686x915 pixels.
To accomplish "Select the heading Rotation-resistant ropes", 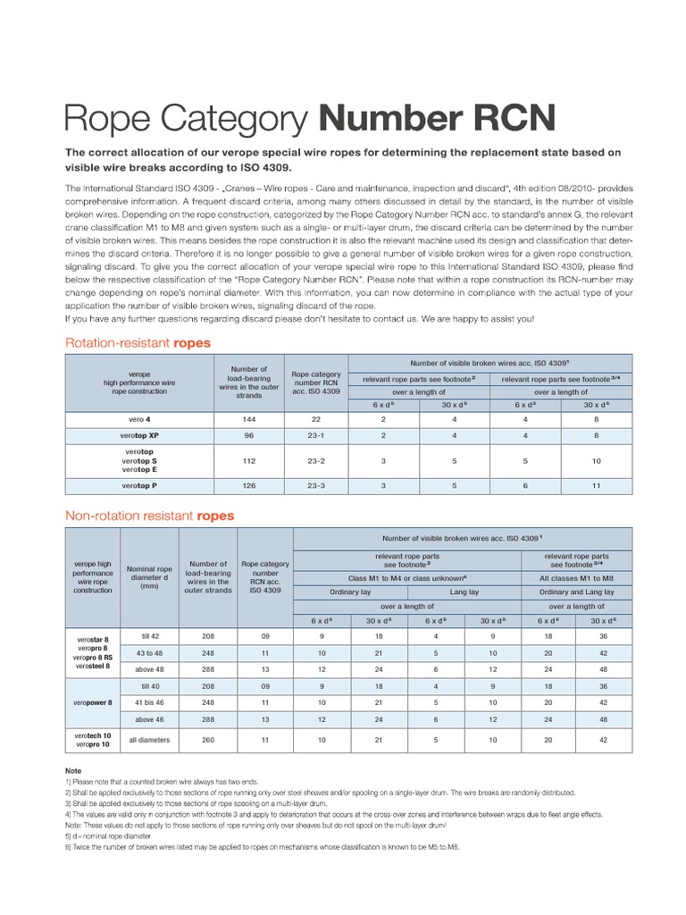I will click(x=138, y=342).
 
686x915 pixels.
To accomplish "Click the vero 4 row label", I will click(x=138, y=418).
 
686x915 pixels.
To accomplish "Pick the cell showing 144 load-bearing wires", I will click(x=248, y=418).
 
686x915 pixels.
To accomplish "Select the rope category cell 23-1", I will click(x=316, y=435).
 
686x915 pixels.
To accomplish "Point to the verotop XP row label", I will click(x=138, y=435).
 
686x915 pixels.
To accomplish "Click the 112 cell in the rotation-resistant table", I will click(x=248, y=461).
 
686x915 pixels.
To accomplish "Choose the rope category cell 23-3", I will click(x=316, y=486).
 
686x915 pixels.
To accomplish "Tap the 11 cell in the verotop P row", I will click(x=596, y=486).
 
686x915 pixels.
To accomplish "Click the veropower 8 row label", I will click(x=93, y=702).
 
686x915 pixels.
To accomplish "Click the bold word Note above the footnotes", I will click(x=73, y=770).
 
